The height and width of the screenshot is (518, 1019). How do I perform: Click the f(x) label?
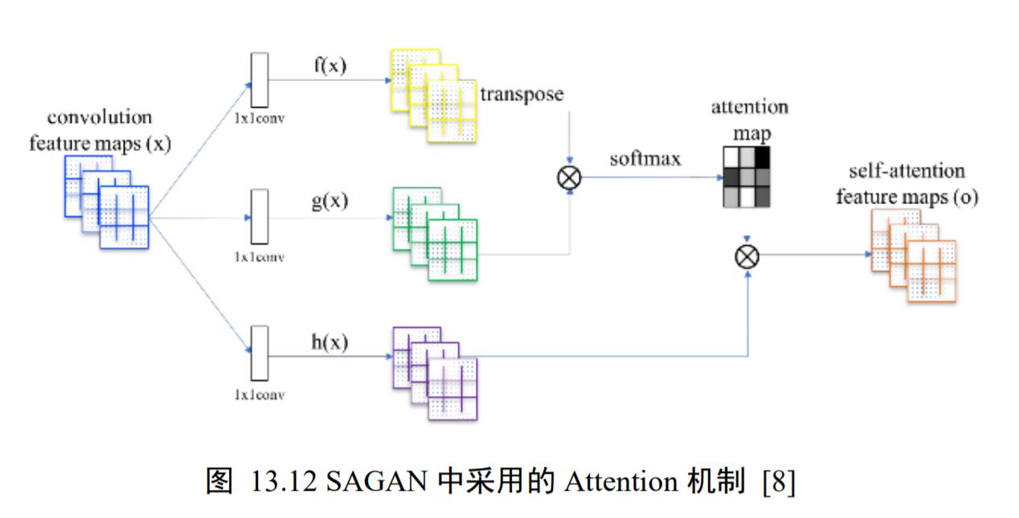click(x=329, y=66)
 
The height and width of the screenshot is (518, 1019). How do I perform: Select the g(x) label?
click(x=329, y=201)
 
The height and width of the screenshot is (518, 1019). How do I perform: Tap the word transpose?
click(x=522, y=94)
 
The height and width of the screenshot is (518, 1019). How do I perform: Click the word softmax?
click(x=645, y=158)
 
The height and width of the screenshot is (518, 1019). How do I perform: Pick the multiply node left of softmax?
click(x=569, y=177)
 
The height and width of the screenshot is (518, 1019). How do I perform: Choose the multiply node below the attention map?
click(x=747, y=256)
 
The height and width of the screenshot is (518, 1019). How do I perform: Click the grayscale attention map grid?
click(x=745, y=176)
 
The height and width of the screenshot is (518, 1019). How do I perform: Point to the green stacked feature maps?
click(x=435, y=233)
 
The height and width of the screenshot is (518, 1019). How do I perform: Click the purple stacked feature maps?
click(x=435, y=373)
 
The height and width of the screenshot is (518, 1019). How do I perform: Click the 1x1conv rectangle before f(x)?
click(x=260, y=80)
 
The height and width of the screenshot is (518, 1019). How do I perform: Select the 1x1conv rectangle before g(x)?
click(x=260, y=217)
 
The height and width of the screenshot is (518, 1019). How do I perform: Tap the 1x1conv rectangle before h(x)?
click(x=260, y=353)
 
